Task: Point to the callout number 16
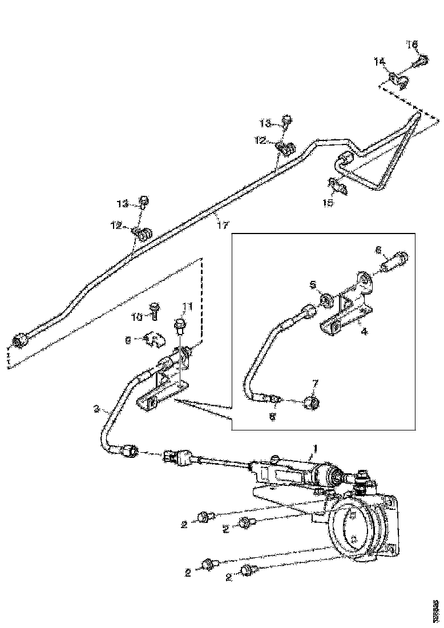(x=412, y=44)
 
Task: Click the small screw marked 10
(x=154, y=309)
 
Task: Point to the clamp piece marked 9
(x=152, y=340)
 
